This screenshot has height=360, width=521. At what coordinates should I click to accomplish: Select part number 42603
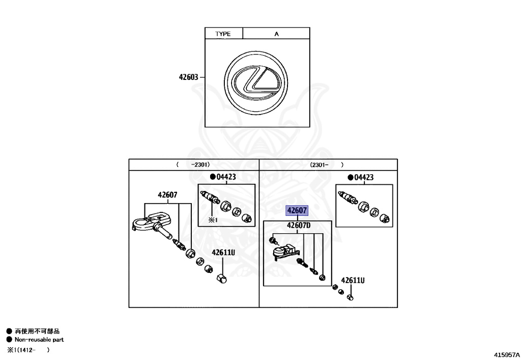point(188,77)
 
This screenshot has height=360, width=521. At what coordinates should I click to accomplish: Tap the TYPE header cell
point(223,34)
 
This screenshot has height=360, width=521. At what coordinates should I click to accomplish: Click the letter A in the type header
point(277,34)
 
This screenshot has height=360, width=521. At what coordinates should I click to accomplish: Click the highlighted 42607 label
point(297,210)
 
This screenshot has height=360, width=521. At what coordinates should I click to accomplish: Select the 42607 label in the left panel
point(167,195)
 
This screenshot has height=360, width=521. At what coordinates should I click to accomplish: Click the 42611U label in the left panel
point(223,252)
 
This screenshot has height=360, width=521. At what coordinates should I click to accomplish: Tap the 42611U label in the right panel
point(353,280)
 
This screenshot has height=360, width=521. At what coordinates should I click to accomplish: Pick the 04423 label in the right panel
point(363,177)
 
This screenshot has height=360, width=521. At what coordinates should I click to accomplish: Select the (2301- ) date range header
point(326,164)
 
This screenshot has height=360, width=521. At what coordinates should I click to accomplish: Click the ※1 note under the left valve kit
point(212,220)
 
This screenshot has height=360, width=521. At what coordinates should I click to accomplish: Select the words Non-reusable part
point(39,340)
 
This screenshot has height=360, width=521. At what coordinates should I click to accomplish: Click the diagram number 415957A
point(506,353)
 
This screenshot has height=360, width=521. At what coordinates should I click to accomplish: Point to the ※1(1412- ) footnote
point(28,350)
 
